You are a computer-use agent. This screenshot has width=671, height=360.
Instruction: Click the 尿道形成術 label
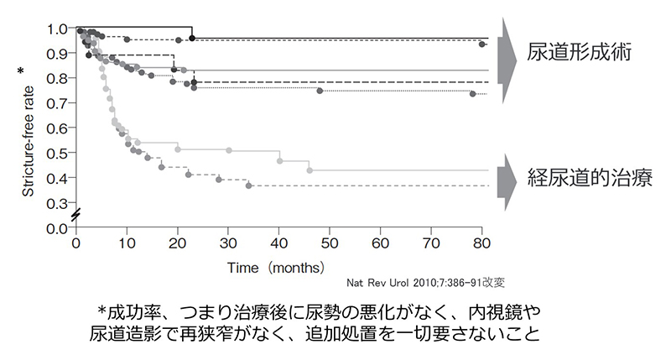579,50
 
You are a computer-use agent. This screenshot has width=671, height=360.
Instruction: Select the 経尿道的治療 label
590,178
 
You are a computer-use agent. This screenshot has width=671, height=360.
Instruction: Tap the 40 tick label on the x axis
278,243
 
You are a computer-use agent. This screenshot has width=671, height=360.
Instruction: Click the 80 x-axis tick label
481,243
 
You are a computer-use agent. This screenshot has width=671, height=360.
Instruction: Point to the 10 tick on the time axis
127,243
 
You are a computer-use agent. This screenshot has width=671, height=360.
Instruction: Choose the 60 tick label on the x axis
380,243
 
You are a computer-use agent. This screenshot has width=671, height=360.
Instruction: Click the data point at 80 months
481,44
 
